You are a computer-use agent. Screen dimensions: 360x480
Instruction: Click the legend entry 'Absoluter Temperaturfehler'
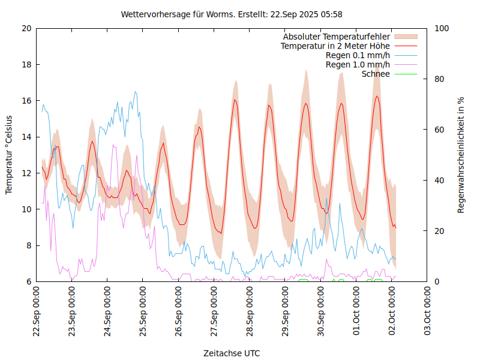(337, 37)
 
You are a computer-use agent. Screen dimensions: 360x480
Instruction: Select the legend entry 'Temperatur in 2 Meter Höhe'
(335, 46)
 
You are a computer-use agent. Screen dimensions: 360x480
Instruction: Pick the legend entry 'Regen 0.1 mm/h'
(358, 55)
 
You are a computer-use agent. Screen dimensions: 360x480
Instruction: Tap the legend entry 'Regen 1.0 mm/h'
(358, 65)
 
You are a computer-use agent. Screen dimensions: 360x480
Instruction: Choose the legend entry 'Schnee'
(376, 74)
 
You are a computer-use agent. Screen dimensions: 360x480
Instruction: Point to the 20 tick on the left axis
(26, 28)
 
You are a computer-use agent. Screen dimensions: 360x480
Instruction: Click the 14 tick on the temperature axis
(26, 137)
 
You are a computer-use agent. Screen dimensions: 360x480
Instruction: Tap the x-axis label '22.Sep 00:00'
(37, 313)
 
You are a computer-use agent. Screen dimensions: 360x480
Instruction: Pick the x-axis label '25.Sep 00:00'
(143, 313)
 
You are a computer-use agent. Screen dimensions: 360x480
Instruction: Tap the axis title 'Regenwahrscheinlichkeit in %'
(461, 155)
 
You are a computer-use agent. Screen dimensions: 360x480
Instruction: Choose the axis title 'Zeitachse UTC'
(232, 353)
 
